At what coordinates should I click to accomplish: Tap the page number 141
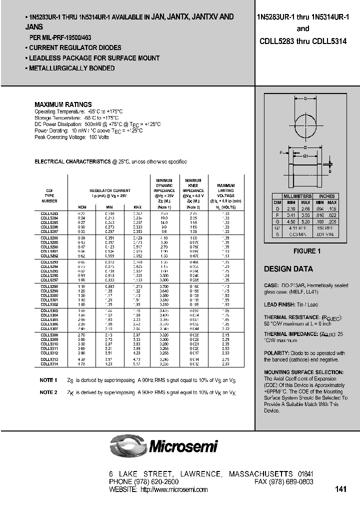click(341, 489)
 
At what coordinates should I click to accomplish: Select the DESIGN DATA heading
click(288, 269)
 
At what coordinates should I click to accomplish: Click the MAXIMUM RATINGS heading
click(62, 104)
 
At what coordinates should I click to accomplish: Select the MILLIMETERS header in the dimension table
click(297, 196)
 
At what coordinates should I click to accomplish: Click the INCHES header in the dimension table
click(326, 196)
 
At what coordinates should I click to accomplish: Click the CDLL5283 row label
click(48, 213)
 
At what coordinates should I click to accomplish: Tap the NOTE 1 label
click(48, 380)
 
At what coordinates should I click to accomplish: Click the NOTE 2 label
click(48, 392)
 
